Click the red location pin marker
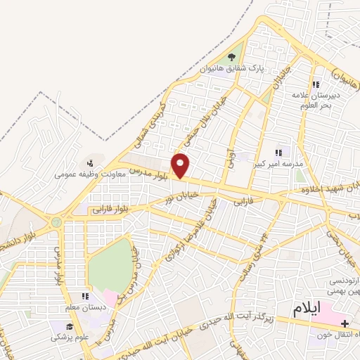click(x=181, y=166)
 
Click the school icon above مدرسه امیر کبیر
click(x=279, y=151)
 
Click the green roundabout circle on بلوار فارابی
click(x=56, y=222)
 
